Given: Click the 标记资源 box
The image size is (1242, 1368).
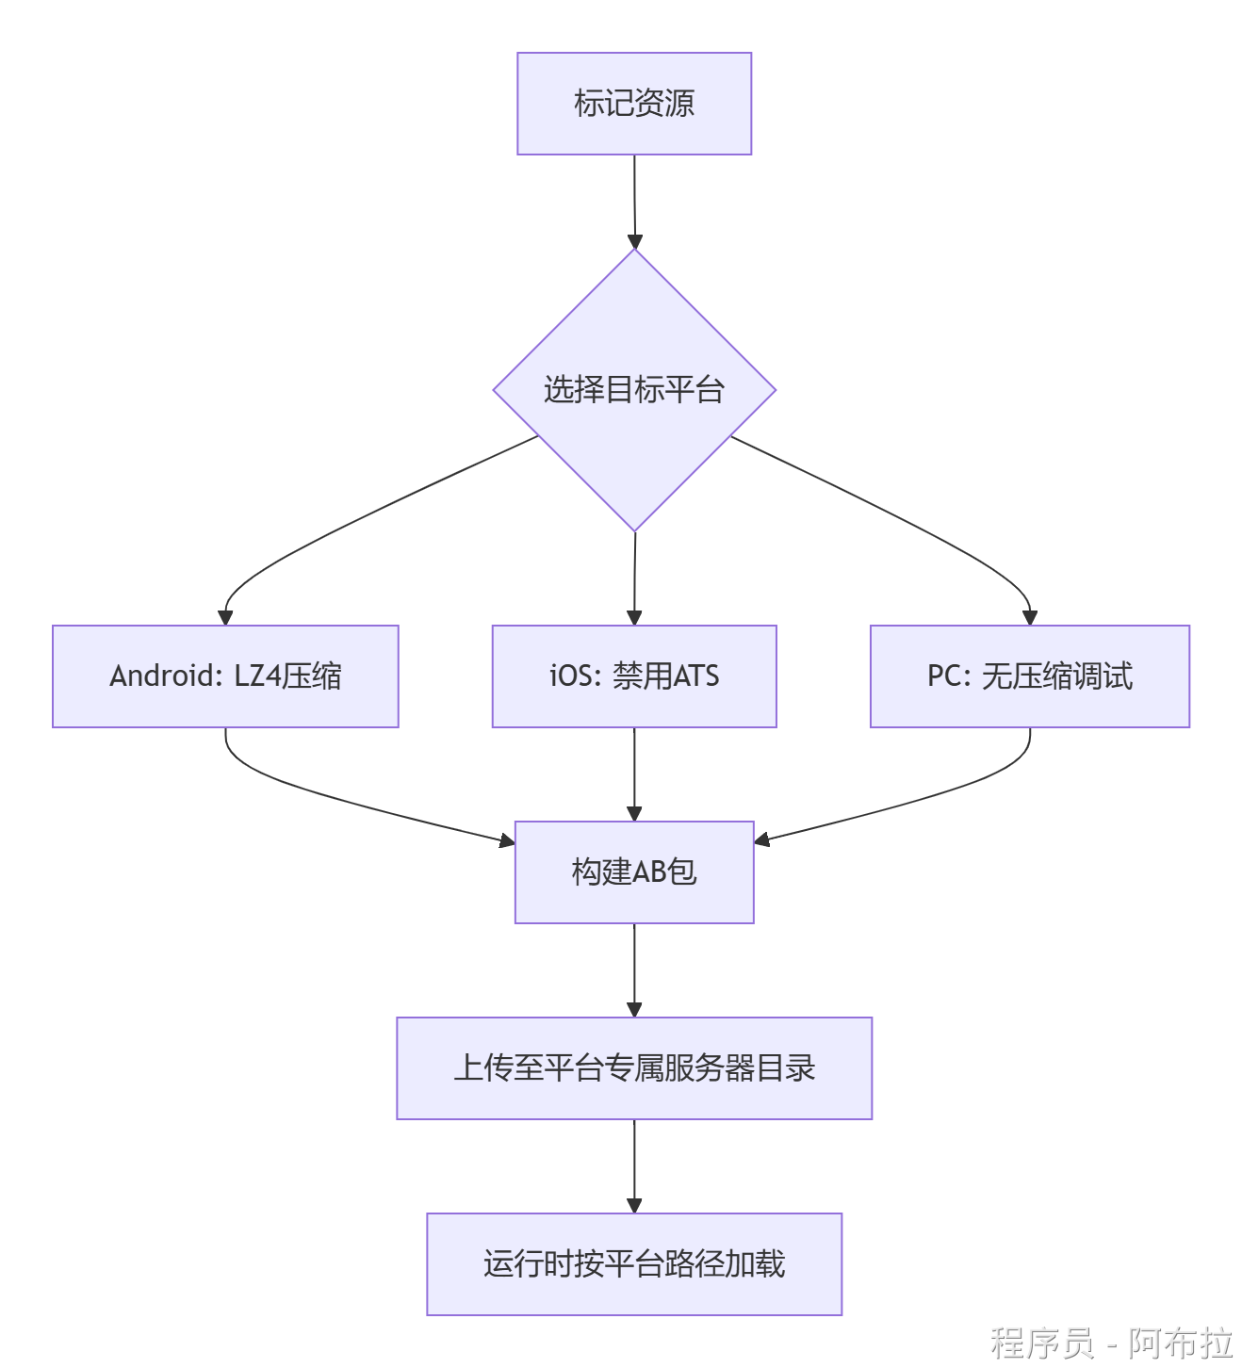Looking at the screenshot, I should pos(634,104).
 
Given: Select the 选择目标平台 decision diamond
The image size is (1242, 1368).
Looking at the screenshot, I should pos(634,390).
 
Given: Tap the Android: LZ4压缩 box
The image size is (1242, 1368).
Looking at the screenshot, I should pos(225,676).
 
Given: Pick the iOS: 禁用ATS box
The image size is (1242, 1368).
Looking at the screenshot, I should pos(634,676).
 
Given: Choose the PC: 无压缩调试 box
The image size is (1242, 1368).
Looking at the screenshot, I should pos(1030,676).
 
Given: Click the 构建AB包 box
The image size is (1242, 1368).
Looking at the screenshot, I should pos(634,872).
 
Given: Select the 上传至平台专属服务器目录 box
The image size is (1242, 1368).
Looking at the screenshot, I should pos(634,1068).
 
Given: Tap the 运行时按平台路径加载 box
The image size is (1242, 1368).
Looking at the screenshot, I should pos(634,1264).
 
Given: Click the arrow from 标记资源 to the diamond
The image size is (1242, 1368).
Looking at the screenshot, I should pos(634,202).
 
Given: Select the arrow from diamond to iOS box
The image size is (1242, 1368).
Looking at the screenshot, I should pos(634,578).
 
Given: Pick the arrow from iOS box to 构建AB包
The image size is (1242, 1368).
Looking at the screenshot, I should pos(634,774).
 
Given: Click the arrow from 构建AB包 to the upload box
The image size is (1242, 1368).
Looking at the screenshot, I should pos(634,970).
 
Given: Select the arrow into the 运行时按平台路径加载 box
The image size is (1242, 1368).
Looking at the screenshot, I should pos(634,1166).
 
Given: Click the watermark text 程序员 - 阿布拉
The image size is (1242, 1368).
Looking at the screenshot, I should pos(1111,1342).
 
